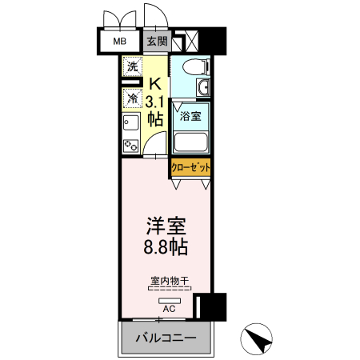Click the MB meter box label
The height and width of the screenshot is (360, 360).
(119, 42)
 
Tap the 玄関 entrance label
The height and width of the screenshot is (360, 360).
(157, 42)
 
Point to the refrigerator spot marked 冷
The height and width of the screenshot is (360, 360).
(131, 98)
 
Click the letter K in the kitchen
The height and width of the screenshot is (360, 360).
(157, 82)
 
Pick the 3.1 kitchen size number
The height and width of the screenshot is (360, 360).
(155, 101)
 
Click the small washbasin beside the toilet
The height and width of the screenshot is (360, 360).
(204, 87)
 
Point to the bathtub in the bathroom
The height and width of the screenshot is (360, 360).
(190, 141)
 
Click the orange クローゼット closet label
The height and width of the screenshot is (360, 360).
(191, 168)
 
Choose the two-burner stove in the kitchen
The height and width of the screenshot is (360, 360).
(130, 145)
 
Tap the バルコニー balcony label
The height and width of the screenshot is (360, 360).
(166, 338)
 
